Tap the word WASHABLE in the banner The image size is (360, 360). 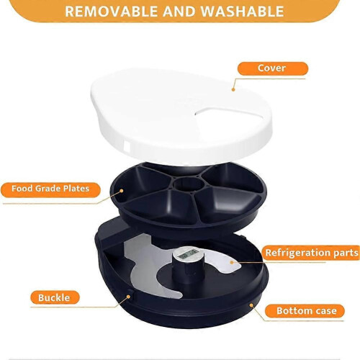coord(243,12)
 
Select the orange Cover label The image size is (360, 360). coord(273,68)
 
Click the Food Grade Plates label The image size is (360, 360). coord(50,189)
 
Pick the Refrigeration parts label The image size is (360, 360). coord(312,253)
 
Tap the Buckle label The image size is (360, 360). coord(55,297)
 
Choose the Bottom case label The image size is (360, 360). coord(305,311)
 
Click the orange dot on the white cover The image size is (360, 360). coord(233,89)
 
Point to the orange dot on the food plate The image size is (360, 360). coord(122,191)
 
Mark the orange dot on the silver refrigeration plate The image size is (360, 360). coord(232,262)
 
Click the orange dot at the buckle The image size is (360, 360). coord(128,297)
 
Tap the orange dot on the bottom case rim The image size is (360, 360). coord(251,305)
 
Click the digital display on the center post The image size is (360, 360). coord(189,253)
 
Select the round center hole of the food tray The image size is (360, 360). coord(189,184)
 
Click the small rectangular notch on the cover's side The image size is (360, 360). coord(127,145)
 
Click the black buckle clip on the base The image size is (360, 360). coord(131,294)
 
